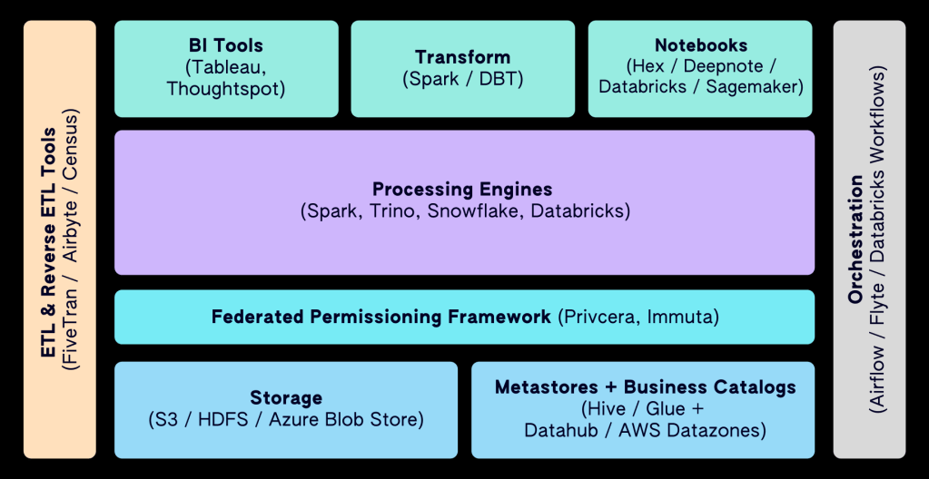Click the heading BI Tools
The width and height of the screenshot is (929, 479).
point(226,45)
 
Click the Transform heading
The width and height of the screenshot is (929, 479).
point(463,57)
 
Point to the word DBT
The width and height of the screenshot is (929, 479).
point(499,79)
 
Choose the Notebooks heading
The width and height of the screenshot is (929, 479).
point(701,45)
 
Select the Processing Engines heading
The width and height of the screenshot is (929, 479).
point(462,190)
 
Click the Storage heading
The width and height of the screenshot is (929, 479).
point(286,397)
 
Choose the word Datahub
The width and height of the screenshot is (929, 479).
point(561,430)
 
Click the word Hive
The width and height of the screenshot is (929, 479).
point(607,408)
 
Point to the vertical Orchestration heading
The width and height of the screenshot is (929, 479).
point(855,239)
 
